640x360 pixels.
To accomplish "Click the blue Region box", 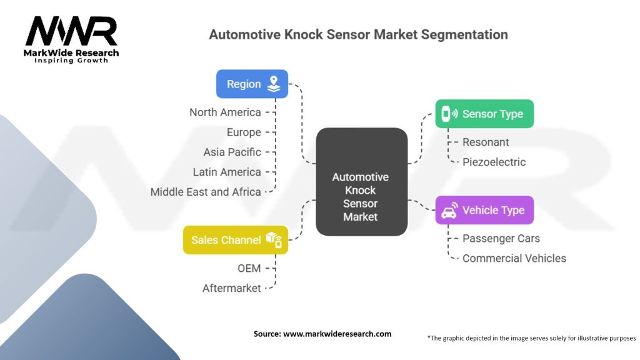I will tap(252, 84).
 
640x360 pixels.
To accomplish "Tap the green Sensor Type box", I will tap(484, 114).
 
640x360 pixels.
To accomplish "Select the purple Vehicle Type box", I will tap(484, 210).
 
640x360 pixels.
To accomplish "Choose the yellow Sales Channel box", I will tap(235, 240).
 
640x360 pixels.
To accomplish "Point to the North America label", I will tap(225, 112).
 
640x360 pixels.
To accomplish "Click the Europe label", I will tap(244, 132).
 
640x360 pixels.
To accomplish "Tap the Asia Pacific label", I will tap(232, 152).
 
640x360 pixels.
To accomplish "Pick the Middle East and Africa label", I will tap(206, 192).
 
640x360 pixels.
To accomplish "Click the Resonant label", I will tap(486, 142).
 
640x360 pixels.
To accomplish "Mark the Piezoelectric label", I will tap(494, 162).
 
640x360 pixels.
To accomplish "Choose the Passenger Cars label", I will tap(501, 238).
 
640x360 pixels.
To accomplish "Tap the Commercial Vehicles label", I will tap(514, 258).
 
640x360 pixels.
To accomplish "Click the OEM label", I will tap(248, 268).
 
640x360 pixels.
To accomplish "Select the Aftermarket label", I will tap(231, 288).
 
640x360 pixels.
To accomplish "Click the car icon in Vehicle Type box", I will tap(449, 211).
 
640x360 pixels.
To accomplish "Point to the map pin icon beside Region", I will tap(273, 84).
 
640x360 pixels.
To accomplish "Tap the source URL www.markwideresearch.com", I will tap(337, 334).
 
